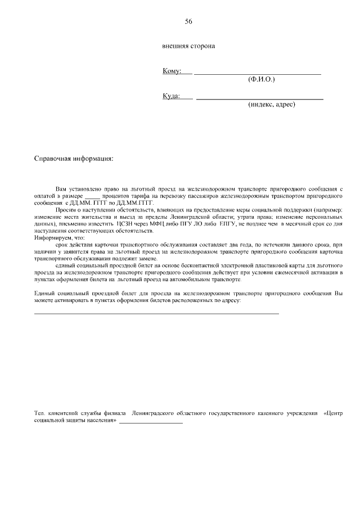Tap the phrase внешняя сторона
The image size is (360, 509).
click(x=188, y=46)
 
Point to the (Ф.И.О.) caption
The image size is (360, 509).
click(x=262, y=80)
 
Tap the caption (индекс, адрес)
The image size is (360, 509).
click(x=271, y=105)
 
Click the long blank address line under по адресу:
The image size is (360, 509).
click(x=157, y=313)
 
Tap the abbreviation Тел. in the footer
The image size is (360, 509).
click(x=39, y=414)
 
